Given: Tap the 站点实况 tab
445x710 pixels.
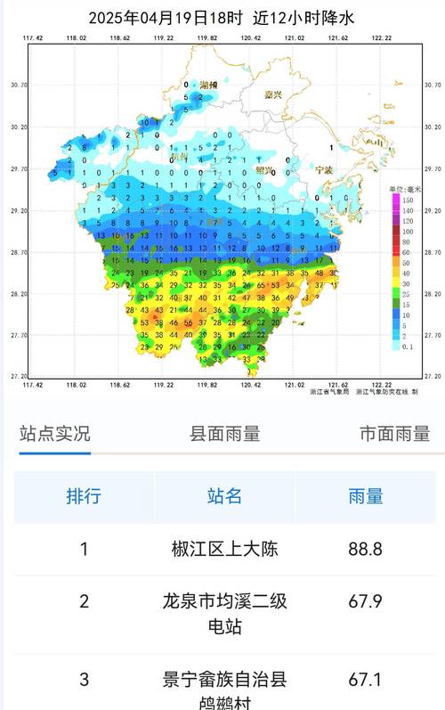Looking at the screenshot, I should (55, 434).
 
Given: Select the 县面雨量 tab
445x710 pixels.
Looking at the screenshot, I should (225, 434).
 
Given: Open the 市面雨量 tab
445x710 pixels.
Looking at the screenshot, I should (394, 434).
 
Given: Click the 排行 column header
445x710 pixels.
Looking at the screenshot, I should (84, 496).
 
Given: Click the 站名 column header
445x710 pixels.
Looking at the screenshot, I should (224, 496).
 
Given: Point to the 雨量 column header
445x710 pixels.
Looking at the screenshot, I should (365, 496).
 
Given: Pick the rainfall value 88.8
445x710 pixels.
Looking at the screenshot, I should (365, 549).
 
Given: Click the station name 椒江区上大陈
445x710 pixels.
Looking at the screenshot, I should (224, 549).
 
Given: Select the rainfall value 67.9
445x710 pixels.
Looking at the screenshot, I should (365, 601).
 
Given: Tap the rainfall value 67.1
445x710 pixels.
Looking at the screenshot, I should (365, 680).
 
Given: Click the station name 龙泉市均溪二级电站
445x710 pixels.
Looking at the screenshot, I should (224, 614).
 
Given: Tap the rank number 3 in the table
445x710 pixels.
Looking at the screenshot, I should (84, 680).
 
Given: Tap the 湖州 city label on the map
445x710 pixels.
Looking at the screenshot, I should (184, 84).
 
